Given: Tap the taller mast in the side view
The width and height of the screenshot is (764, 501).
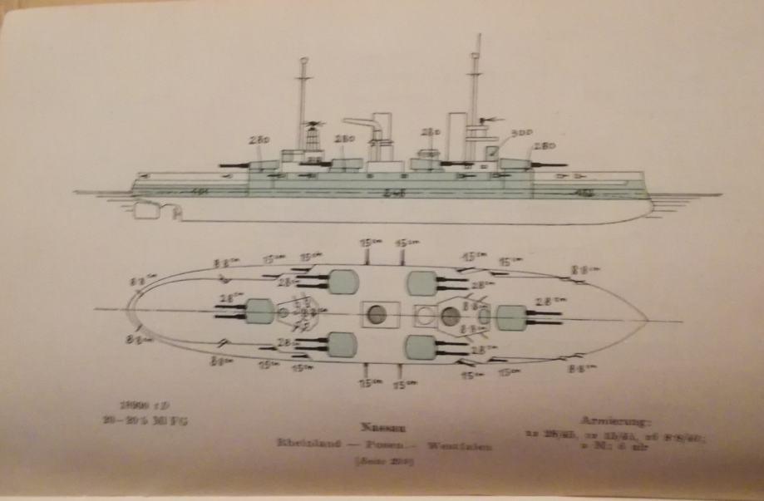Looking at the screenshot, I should tap(475, 91).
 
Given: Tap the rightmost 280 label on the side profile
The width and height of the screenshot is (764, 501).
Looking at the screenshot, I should tap(545, 146).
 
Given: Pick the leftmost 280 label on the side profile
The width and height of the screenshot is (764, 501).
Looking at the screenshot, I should tap(259, 141).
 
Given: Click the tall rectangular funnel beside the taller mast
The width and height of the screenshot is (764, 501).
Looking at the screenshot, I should tap(456, 133).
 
